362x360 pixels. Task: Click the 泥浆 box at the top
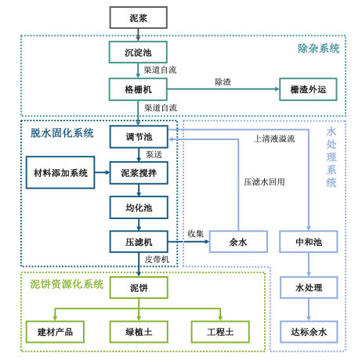click(x=138, y=17)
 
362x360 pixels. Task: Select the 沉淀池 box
click(x=138, y=52)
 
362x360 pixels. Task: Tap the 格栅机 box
click(x=138, y=89)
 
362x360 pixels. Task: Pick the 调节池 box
click(x=138, y=137)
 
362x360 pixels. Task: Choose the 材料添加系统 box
click(x=60, y=172)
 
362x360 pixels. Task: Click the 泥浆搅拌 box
click(x=138, y=172)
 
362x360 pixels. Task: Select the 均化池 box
click(x=138, y=207)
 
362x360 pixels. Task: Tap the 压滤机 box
click(x=138, y=242)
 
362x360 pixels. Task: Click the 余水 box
click(x=237, y=242)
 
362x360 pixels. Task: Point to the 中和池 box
click(x=309, y=242)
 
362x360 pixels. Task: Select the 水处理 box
click(x=309, y=287)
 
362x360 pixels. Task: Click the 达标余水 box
click(x=309, y=332)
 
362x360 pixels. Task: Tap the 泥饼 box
click(x=138, y=287)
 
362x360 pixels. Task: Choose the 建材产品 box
click(x=55, y=332)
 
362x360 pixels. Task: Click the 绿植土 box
click(x=138, y=332)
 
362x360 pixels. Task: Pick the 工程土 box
click(x=220, y=332)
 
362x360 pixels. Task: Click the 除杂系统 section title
click(x=318, y=49)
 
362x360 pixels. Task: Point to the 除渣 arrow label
click(x=223, y=81)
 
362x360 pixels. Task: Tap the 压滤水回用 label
click(x=264, y=182)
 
